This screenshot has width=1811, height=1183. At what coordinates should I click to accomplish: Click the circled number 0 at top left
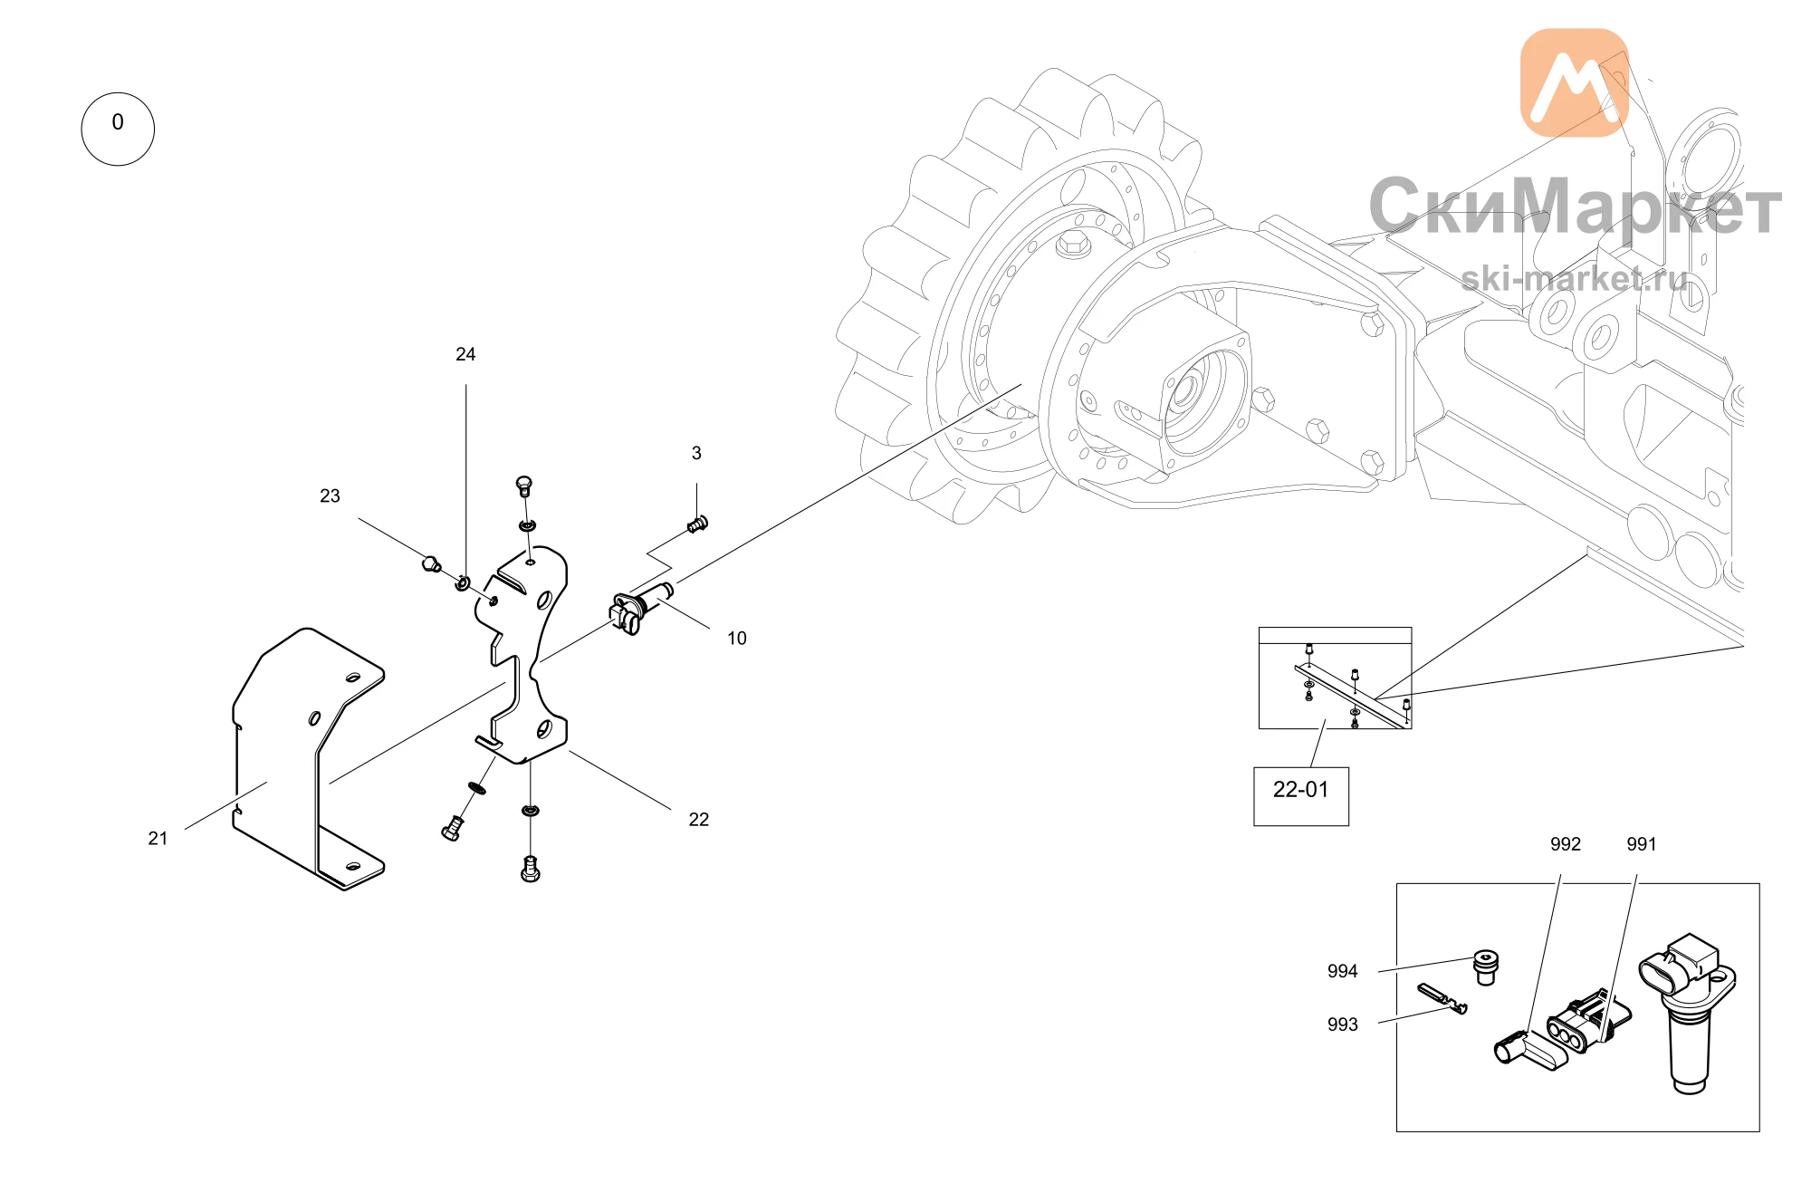click(x=118, y=129)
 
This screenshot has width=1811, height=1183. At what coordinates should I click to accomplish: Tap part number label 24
click(x=465, y=354)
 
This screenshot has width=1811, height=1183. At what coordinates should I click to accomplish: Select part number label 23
click(x=330, y=495)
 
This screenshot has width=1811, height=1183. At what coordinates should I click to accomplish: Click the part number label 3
click(x=696, y=453)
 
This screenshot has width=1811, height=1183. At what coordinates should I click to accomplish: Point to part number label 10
click(x=737, y=639)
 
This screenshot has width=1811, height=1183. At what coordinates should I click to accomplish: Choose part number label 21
click(x=158, y=839)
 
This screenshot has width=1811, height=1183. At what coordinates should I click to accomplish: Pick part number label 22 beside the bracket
click(x=698, y=820)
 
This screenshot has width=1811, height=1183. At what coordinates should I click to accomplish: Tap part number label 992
click(x=1565, y=844)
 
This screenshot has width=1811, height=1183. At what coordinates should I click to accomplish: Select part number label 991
click(x=1641, y=844)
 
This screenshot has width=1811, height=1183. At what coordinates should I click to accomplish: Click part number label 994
click(x=1342, y=971)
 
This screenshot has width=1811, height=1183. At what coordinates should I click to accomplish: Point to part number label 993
click(x=1342, y=1024)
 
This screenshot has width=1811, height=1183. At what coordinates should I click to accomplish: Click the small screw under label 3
click(x=697, y=524)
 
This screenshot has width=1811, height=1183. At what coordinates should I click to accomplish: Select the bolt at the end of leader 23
click(x=432, y=564)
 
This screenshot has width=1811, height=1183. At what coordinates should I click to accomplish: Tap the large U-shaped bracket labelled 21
click(x=308, y=759)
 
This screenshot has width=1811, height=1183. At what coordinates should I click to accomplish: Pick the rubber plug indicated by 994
click(x=1485, y=967)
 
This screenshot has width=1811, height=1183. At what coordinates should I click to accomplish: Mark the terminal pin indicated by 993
click(x=1442, y=998)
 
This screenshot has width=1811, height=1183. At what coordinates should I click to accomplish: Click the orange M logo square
click(x=1574, y=82)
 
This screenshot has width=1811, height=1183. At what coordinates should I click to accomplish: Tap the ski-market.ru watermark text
click(x=1575, y=277)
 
